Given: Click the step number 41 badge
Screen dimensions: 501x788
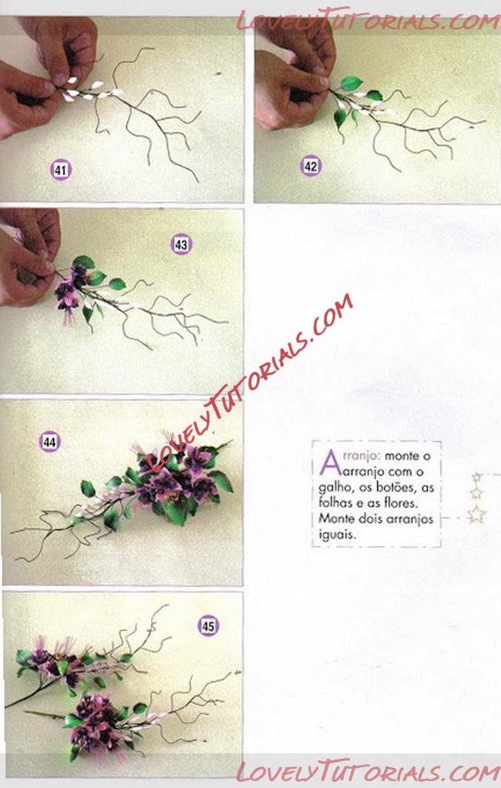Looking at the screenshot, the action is point(61,170).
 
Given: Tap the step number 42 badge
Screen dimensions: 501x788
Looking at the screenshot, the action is point(311,166).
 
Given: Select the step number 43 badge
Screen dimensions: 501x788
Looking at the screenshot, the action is point(181,244).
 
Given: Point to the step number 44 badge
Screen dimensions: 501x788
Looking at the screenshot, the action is point(49,442).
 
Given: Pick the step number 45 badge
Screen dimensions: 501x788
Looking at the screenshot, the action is point(208,625).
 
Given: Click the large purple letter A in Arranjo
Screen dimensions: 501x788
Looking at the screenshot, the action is point(328,463).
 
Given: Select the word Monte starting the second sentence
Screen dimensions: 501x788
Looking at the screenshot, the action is point(337,518).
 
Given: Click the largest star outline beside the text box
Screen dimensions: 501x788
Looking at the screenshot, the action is point(476,514).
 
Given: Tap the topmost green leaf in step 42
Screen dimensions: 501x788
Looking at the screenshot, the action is point(351,83).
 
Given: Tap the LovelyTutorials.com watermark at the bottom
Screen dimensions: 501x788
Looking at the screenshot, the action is point(368,770).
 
